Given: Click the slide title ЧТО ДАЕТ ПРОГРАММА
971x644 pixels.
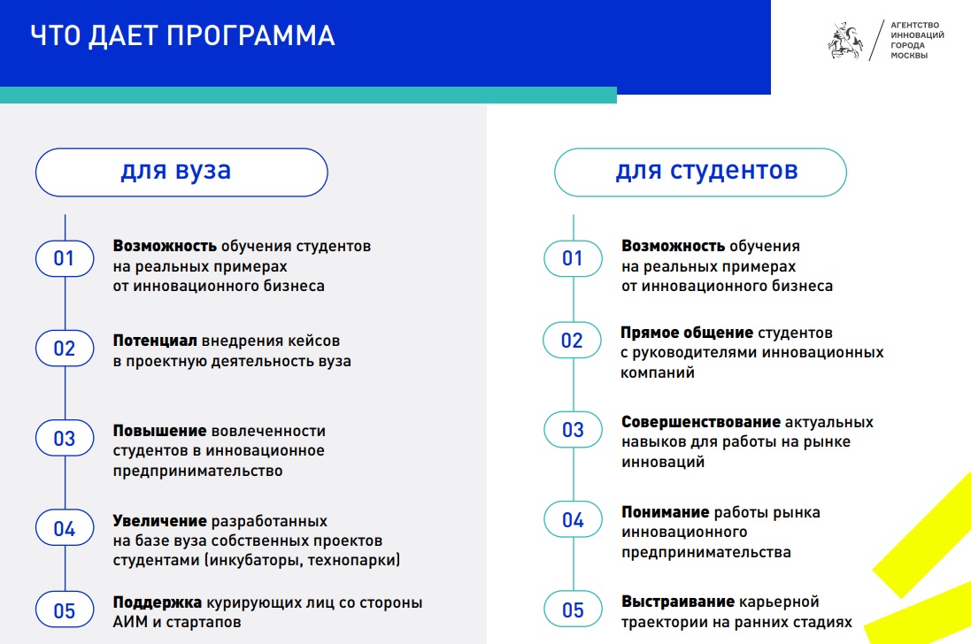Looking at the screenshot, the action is pyautogui.click(x=182, y=36).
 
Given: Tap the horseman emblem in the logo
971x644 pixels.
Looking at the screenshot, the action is pyautogui.click(x=845, y=41).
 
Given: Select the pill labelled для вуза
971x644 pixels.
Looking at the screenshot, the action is pyautogui.click(x=181, y=172).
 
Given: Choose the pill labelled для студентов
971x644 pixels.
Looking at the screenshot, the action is pyautogui.click(x=700, y=172).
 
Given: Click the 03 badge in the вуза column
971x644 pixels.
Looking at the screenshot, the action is pyautogui.click(x=65, y=438).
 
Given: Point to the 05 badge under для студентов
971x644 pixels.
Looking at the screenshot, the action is pyautogui.click(x=573, y=609).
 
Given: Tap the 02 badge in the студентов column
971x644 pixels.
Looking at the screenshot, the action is pyautogui.click(x=572, y=340).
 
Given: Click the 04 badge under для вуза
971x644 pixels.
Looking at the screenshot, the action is pyautogui.click(x=65, y=528).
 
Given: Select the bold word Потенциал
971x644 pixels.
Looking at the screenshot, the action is pyautogui.click(x=155, y=341).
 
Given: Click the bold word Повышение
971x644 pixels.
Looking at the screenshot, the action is pyautogui.click(x=160, y=431).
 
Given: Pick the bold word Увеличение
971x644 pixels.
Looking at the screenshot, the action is pyautogui.click(x=160, y=521).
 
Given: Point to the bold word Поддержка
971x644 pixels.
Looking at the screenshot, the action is pyautogui.click(x=158, y=602).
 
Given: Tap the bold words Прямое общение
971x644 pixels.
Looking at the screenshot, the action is pyautogui.click(x=687, y=333).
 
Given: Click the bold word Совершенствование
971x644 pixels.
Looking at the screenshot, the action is pyautogui.click(x=701, y=422).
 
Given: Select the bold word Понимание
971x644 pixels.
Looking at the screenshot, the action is pyautogui.click(x=666, y=512).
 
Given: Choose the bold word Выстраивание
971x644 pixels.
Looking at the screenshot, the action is pyautogui.click(x=678, y=602).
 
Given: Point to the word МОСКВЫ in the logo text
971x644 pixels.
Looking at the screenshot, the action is pyautogui.click(x=909, y=56).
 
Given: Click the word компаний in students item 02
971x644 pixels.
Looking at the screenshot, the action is pyautogui.click(x=658, y=373).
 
